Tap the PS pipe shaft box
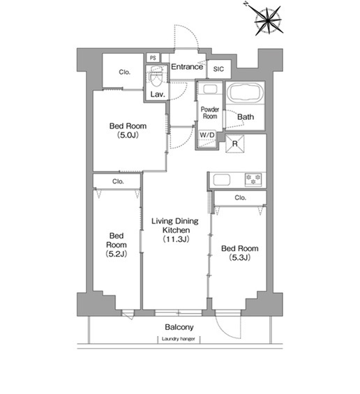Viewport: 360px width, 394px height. point(153,58)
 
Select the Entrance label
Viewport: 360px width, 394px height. point(187,66)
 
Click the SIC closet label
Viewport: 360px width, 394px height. point(218,69)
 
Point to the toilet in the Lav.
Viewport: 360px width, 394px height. point(156,76)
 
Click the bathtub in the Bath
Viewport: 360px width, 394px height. point(245,92)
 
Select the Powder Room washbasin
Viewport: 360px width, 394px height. point(210,89)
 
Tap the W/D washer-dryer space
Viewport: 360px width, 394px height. point(207,139)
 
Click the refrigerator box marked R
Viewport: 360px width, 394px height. point(235,144)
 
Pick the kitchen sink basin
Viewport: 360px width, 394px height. point(221,180)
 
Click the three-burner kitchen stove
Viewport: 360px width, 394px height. point(253,179)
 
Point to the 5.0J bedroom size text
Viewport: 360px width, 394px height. point(128,135)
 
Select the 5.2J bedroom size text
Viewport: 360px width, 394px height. point(116,254)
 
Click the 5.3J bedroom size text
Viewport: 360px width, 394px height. point(239,257)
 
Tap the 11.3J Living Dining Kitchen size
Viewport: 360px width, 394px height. point(176,239)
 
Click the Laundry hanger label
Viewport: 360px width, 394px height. point(178,339)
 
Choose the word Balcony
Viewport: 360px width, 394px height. point(179,327)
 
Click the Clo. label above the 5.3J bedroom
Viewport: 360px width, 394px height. point(240,197)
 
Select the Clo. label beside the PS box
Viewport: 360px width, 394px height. point(124,72)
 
